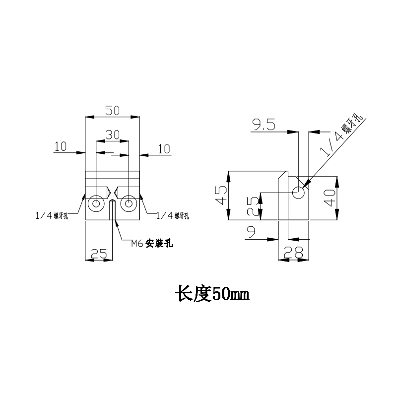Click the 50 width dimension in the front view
(112, 111)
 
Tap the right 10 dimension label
(163, 148)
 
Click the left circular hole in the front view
(95, 203)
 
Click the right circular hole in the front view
(129, 203)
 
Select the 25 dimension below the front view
(98, 254)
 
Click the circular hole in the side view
(298, 192)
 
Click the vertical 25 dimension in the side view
(253, 205)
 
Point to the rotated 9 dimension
(251, 232)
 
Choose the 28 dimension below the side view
(292, 253)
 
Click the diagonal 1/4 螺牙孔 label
(342, 136)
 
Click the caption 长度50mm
(210, 294)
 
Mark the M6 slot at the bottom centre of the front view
(112, 210)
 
